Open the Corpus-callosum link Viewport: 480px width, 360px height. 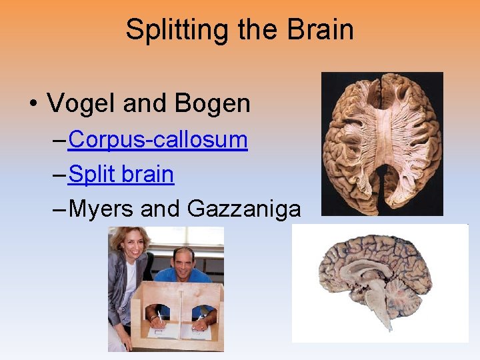pyautogui.click(x=158, y=139)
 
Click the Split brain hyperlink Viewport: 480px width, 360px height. pyautogui.click(x=121, y=174)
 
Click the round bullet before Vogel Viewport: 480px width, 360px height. pyautogui.click(x=32, y=104)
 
